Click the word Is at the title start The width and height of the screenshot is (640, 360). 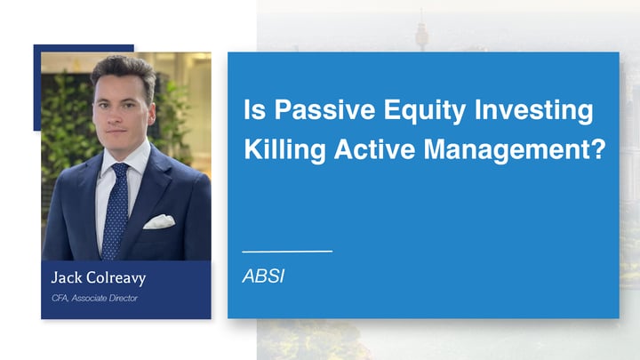[253, 111]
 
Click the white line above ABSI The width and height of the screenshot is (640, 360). [286, 252]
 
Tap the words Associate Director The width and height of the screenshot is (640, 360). [107, 298]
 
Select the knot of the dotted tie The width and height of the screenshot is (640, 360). [118, 172]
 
